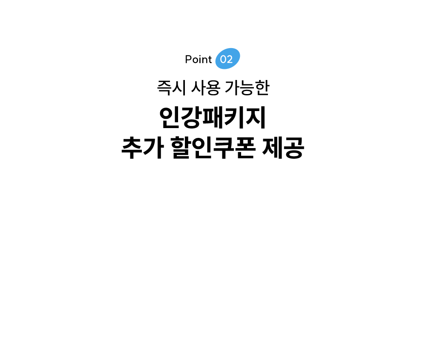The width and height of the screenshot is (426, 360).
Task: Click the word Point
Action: click(x=199, y=60)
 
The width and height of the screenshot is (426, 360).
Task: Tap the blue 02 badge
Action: click(x=227, y=59)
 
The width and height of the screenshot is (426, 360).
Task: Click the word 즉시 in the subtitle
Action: click(x=171, y=88)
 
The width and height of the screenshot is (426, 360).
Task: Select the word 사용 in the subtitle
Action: click(x=206, y=88)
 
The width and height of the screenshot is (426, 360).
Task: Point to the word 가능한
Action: click(x=247, y=88)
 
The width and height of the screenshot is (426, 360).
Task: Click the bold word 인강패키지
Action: click(x=213, y=117)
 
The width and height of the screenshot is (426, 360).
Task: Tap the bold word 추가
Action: click(x=143, y=148)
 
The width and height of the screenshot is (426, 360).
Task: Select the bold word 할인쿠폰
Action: click(x=213, y=148)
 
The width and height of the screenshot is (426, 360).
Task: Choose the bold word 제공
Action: click(x=283, y=148)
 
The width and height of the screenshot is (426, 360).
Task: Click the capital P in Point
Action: click(x=188, y=60)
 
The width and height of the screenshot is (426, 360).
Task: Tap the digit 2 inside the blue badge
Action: click(x=230, y=60)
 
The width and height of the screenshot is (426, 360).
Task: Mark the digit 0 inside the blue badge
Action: click(x=223, y=60)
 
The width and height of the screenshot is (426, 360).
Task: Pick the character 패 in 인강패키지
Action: click(x=213, y=117)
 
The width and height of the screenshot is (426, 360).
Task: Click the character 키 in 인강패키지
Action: click(x=234, y=117)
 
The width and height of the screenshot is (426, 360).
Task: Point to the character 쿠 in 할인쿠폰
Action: click(x=224, y=148)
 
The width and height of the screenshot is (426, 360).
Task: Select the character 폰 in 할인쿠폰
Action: click(x=245, y=148)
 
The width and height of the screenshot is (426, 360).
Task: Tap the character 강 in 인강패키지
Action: click(x=191, y=117)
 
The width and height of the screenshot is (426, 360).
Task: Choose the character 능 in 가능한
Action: click(x=247, y=88)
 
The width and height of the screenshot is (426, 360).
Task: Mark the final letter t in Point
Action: click(x=210, y=60)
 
